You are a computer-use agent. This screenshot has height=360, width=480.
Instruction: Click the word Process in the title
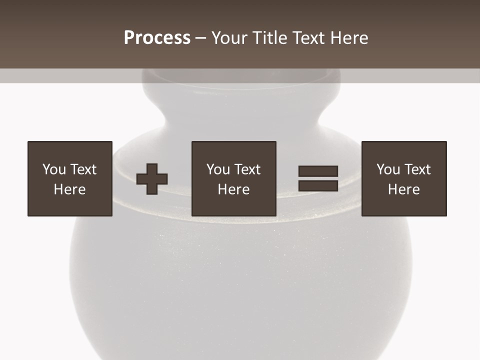pyautogui.click(x=157, y=38)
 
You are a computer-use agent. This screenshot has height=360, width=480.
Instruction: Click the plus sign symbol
pyautogui.click(x=152, y=178)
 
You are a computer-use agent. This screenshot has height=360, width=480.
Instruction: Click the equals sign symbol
pyautogui.click(x=318, y=178)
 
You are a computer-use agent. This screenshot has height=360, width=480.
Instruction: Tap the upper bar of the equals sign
pyautogui.click(x=318, y=171)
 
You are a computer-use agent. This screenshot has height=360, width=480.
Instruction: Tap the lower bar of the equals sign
pyautogui.click(x=318, y=185)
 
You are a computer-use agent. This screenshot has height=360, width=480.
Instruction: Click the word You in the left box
pyautogui.click(x=54, y=169)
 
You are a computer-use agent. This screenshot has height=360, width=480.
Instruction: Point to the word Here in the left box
pyautogui.click(x=70, y=189)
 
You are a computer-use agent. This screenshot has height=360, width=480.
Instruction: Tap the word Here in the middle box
pyautogui.click(x=234, y=189)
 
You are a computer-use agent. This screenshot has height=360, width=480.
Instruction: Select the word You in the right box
pyautogui.click(x=388, y=169)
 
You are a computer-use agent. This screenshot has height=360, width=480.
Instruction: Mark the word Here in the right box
pyautogui.click(x=404, y=189)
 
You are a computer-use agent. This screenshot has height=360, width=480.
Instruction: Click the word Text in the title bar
pyautogui.click(x=307, y=38)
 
